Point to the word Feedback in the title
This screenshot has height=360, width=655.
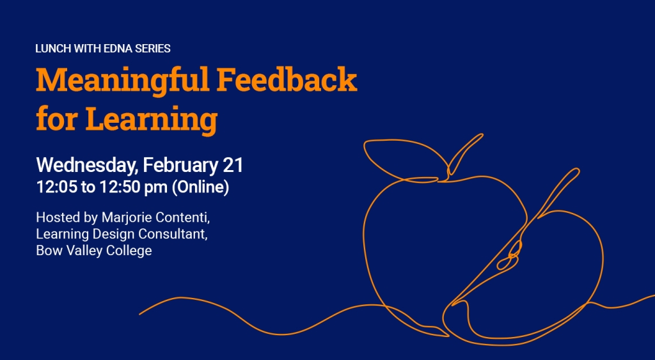pyautogui.click(x=287, y=80)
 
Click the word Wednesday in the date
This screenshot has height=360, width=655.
pyautogui.click(x=87, y=166)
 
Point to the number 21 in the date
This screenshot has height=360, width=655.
pyautogui.click(x=233, y=166)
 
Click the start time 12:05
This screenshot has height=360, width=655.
pyautogui.click(x=57, y=187)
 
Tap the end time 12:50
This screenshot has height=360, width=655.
pyautogui.click(x=120, y=187)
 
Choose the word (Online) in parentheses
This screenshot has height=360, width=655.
pyautogui.click(x=200, y=187)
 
